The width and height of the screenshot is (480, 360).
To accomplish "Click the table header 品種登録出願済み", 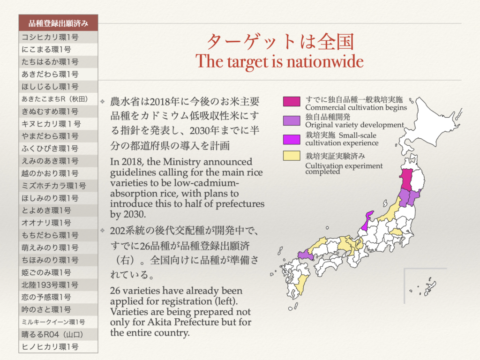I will [x=58, y=23].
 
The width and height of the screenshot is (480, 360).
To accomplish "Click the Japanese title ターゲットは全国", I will [x=280, y=42].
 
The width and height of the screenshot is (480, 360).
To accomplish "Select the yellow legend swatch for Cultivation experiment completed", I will [x=291, y=156].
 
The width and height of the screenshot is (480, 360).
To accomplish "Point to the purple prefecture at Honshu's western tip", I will [x=305, y=254].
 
